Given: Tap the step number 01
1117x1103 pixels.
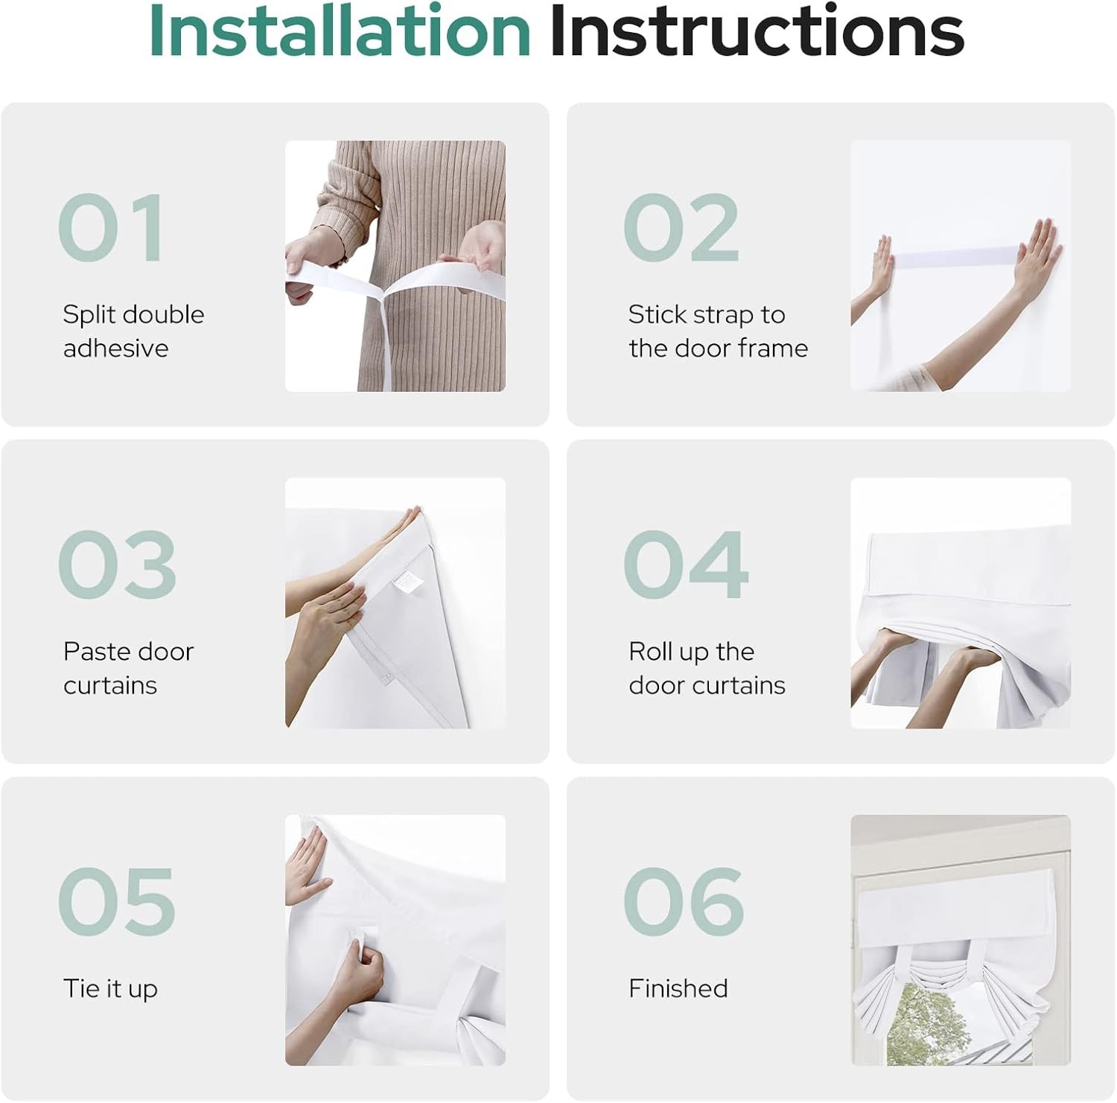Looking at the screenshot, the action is [111, 228].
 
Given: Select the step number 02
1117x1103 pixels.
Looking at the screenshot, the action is [681, 228].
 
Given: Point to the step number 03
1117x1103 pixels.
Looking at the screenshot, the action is [117, 565].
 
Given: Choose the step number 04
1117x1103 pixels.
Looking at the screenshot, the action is [686, 565].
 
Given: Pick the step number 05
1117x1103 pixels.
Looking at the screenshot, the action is [117, 901].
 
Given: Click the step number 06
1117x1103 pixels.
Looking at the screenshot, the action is [684, 901].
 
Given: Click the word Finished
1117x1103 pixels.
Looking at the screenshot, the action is [678, 988].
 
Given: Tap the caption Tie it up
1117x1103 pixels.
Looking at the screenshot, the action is [110, 989].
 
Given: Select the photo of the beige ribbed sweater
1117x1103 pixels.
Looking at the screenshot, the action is [395, 266].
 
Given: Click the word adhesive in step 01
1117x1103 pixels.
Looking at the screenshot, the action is [115, 348].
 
